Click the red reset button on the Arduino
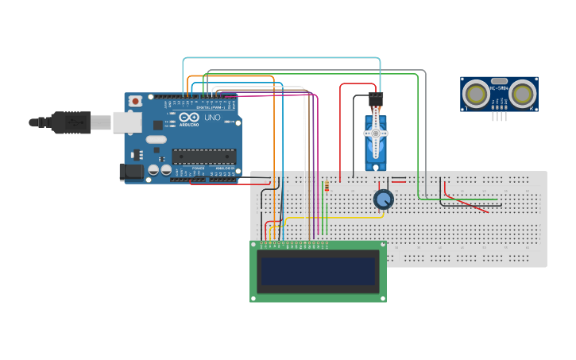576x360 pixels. click(136, 101)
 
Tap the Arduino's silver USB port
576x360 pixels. click(126, 122)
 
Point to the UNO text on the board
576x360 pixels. click(212, 118)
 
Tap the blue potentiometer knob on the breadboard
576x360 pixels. click(383, 199)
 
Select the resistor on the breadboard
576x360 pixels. click(327, 187)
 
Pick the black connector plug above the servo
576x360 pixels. click(375, 100)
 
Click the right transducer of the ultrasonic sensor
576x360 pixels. click(522, 94)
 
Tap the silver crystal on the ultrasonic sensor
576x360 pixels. click(499, 80)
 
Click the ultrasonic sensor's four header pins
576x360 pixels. click(499, 117)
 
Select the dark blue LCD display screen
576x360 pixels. click(318, 271)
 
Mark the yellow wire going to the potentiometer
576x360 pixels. click(334, 217)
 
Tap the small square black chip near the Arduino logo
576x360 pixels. click(158, 124)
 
